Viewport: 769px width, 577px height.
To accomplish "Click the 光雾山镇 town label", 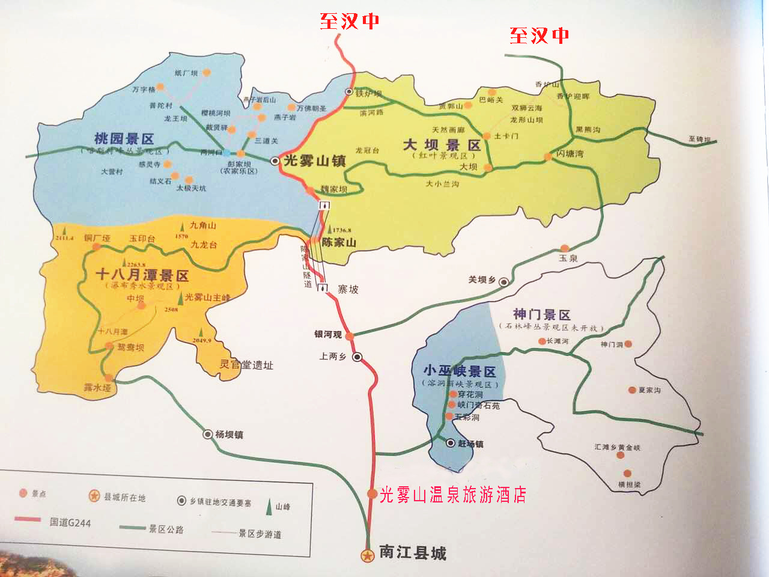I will (x=314, y=161).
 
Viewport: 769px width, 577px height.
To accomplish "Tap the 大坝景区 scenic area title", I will (x=442, y=145).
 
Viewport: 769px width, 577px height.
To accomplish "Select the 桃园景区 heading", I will (x=124, y=138).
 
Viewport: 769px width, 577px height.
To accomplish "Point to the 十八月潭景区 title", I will (x=142, y=275).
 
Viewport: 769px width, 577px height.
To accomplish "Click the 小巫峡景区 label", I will (x=460, y=371).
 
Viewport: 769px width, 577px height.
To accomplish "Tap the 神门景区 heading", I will (x=541, y=314).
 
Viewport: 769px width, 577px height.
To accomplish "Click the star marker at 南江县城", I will (x=367, y=556).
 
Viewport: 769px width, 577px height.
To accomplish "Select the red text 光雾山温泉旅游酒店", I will (x=453, y=495).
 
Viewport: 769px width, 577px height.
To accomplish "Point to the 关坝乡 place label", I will (x=482, y=280).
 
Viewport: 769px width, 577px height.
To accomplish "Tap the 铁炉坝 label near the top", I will (x=368, y=94).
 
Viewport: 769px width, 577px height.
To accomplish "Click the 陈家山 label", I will (x=339, y=243).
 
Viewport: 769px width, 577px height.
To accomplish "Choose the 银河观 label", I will (x=328, y=334).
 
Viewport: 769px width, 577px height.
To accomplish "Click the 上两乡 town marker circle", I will (x=357, y=357).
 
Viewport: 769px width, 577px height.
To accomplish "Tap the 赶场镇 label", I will (x=470, y=444).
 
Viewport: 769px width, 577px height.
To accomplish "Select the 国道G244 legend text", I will (x=70, y=522).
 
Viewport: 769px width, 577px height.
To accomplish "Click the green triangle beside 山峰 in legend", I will (x=268, y=507).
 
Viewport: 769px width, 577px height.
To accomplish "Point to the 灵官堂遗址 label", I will (x=246, y=365).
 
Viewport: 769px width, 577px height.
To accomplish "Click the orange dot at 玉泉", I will (x=565, y=248).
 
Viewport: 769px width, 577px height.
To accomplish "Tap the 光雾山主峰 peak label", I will (x=207, y=298).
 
